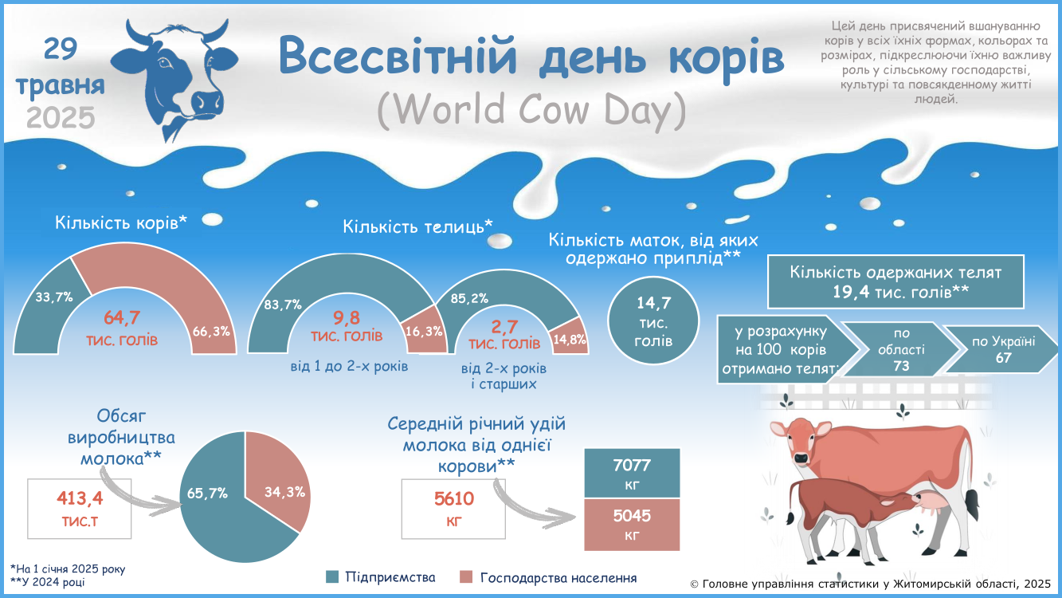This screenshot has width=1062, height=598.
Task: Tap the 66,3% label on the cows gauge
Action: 211,331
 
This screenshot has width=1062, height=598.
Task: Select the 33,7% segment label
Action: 54,297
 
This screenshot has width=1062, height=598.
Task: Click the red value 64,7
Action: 122,317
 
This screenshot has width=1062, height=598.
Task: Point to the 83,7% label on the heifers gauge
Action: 283,305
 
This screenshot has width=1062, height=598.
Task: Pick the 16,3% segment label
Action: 423,331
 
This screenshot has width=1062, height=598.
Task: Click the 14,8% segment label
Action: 570,340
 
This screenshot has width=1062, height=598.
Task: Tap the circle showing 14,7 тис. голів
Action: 653,321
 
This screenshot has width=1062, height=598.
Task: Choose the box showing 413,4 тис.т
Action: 79,509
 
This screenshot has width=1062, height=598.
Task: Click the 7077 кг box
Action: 632,473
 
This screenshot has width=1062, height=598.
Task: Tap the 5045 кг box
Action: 632,525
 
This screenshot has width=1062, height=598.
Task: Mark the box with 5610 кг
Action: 454,509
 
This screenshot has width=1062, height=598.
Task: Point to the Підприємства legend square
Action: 332,577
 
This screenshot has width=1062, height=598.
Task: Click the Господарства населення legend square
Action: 466,577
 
